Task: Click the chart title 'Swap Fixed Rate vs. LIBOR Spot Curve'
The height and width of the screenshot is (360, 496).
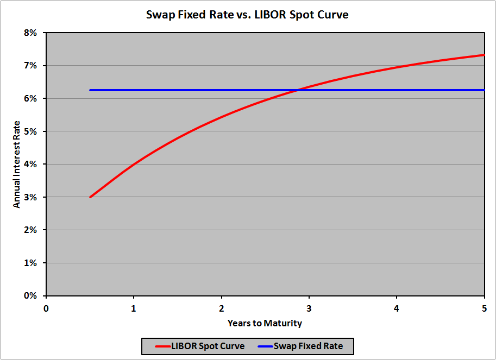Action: pos(247,15)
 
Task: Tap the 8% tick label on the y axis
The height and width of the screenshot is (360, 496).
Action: pos(30,33)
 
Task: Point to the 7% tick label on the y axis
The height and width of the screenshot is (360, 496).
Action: pos(30,66)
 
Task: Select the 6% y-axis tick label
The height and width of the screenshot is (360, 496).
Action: pos(30,99)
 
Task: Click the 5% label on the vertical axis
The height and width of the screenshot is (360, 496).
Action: pos(30,131)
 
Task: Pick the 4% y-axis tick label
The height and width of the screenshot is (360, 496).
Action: pos(30,165)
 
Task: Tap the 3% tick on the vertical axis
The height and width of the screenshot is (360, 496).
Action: pos(30,198)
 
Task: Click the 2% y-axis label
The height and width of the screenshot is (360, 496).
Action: pos(30,230)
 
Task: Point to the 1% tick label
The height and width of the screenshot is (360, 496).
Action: pos(30,263)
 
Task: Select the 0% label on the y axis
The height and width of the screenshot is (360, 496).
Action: pos(30,296)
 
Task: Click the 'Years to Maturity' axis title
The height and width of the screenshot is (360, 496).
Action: pos(265,323)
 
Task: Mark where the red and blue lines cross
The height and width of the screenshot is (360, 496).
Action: pos(298,90)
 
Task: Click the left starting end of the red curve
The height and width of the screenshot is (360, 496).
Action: pos(90,197)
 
